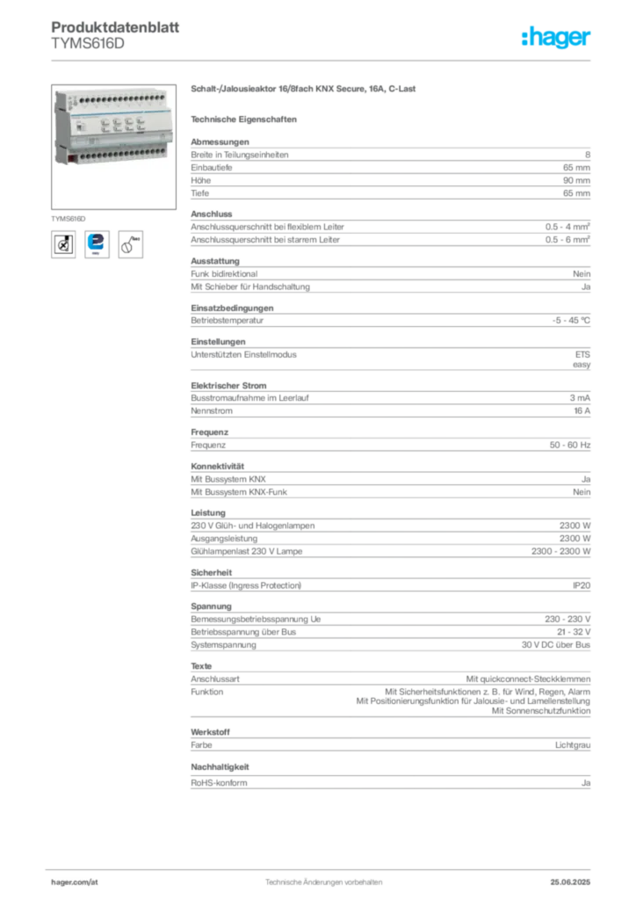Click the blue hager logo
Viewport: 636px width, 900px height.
[x=557, y=39]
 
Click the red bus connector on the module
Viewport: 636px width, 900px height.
[x=69, y=157]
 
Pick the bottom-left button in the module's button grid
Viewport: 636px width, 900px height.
[x=104, y=129]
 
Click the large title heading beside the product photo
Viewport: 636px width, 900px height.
[x=306, y=91]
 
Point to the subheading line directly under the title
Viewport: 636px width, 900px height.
[x=246, y=119]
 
